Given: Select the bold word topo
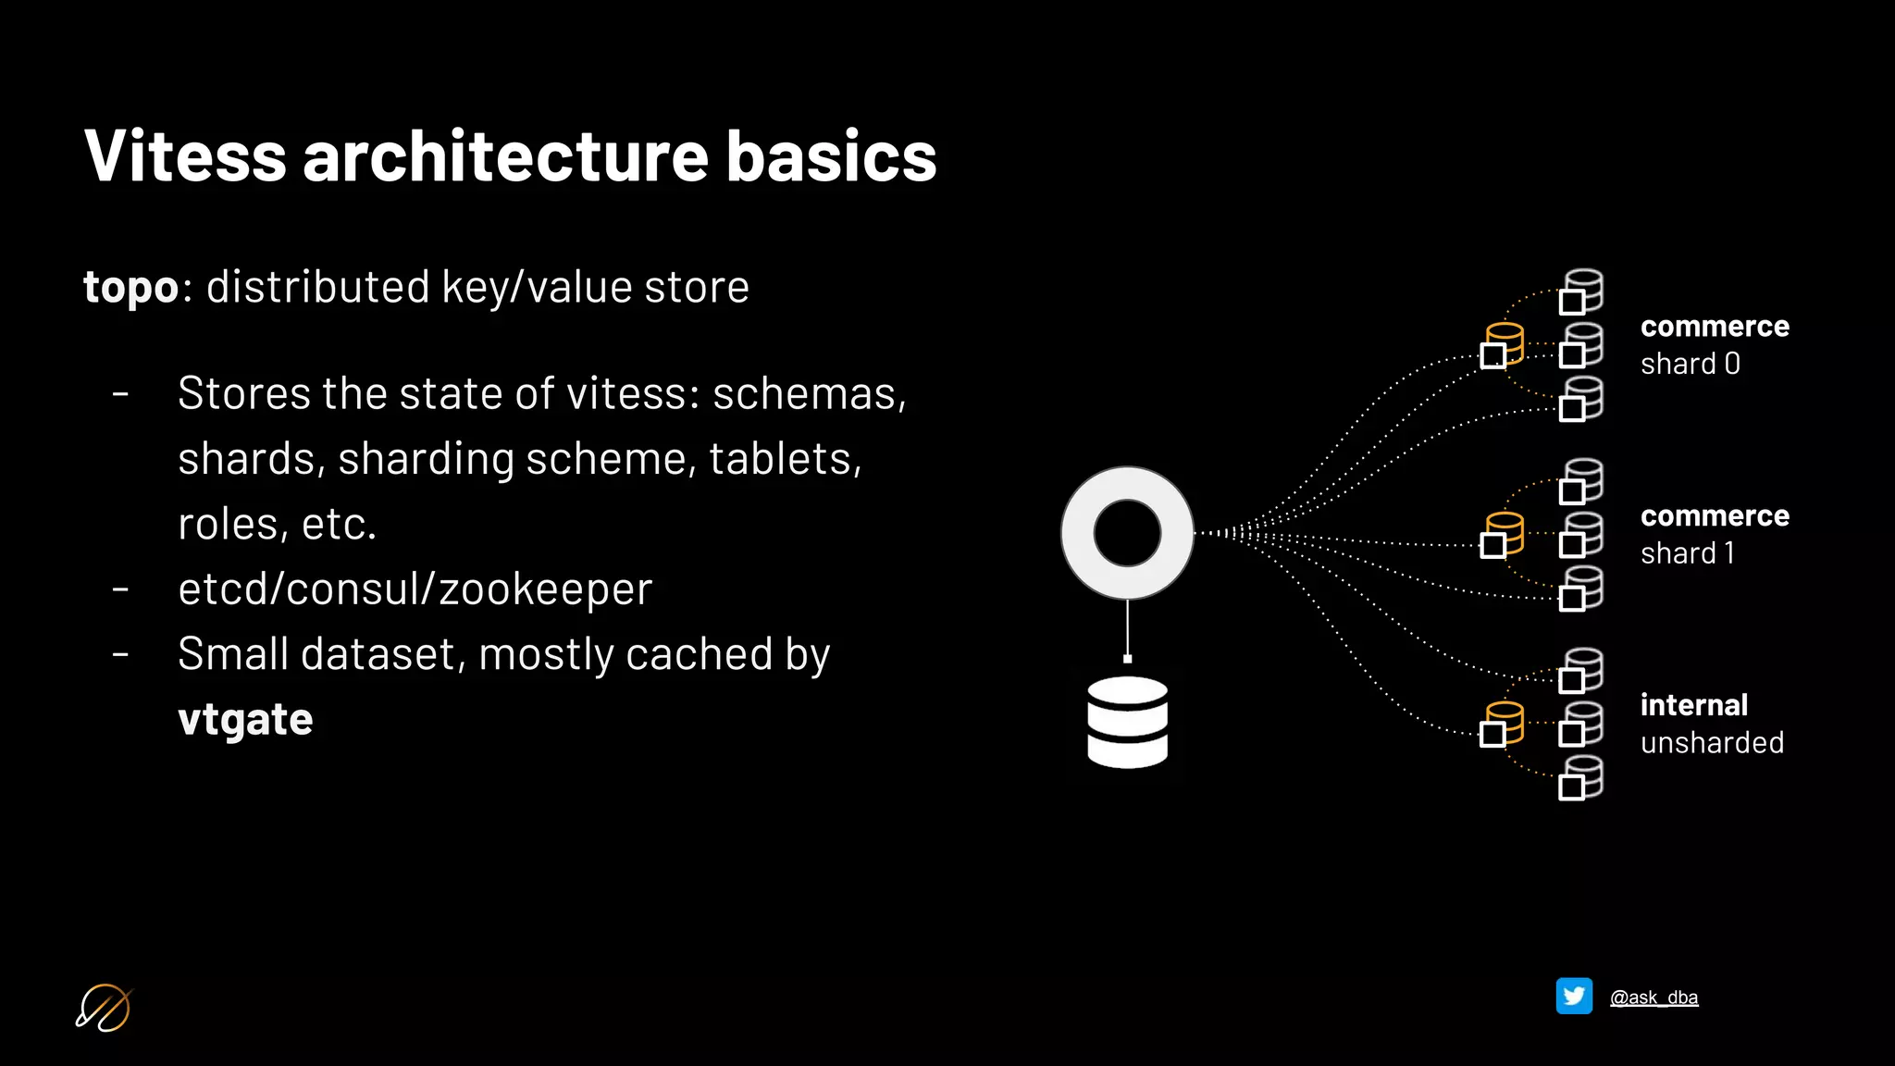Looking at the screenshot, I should tap(130, 287).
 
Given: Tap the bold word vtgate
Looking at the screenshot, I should tap(245, 719).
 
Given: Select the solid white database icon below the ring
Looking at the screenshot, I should tap(1127, 722).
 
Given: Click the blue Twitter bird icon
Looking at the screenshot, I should tap(1574, 997).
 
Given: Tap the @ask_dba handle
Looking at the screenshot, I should tap(1653, 998).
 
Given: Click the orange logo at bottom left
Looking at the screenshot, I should tap(103, 1008).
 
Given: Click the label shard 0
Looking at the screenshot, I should tap(1690, 364).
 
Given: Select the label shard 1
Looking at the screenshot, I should tap(1687, 553).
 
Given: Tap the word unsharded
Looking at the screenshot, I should tap(1712, 742).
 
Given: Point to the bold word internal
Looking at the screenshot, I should tap(1693, 705).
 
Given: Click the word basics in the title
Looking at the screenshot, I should tap(831, 155).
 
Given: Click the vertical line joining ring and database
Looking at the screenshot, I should tap(1127, 627).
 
